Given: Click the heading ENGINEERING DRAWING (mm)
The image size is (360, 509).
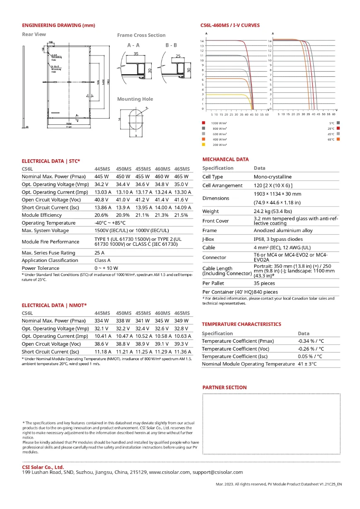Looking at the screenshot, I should coord(58,25).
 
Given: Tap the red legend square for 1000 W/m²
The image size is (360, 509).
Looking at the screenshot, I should coord(203,123).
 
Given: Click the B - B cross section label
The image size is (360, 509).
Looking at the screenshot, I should coord(171,45).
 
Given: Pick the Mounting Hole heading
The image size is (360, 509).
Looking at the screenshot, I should coord(135,99).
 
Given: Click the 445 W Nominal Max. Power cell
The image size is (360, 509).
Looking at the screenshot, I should coord(101,177).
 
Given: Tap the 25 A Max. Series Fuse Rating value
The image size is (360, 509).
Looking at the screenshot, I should coord(99,253).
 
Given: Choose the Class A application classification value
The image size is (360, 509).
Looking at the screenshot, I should coord(102,260).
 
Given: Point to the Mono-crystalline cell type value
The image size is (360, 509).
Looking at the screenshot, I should coord(273,177).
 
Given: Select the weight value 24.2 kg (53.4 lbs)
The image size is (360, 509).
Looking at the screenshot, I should coord(276,211).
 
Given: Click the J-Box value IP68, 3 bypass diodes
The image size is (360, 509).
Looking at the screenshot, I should coord(278,239).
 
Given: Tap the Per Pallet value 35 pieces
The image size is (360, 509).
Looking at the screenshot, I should coord(264,284).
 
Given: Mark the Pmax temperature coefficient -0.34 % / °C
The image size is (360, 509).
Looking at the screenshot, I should coord(311,341).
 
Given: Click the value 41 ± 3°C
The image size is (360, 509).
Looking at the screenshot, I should coord(307,364).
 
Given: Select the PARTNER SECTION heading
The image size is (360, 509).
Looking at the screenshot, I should coord(225,388).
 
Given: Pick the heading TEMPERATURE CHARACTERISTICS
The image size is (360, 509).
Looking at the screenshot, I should coord(242,324).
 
